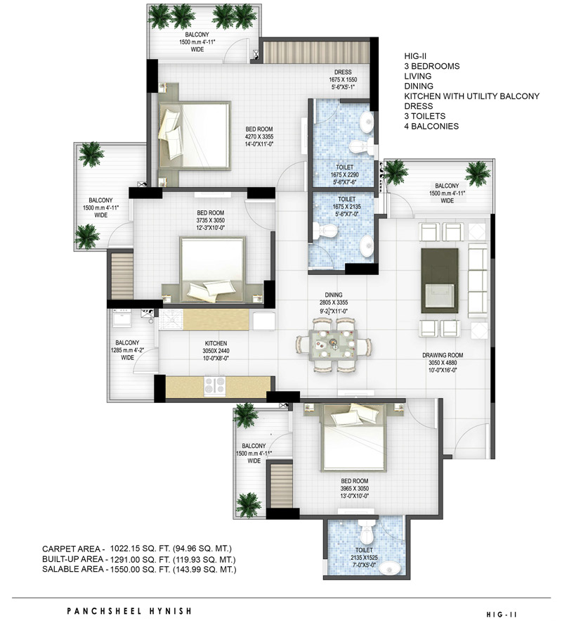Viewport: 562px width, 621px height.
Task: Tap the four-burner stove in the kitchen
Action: [x=215, y=385]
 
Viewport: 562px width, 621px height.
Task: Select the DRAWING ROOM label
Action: [x=443, y=355]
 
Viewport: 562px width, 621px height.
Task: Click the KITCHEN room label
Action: [x=216, y=343]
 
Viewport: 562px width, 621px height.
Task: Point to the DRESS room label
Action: [x=343, y=72]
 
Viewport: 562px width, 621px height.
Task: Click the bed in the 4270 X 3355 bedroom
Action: [x=195, y=136]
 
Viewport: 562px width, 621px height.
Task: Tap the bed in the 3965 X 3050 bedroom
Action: [x=354, y=437]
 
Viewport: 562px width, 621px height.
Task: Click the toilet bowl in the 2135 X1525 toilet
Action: [x=367, y=532]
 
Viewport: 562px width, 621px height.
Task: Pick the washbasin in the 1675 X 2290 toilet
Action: [x=367, y=120]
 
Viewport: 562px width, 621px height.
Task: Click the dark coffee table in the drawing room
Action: [x=440, y=281]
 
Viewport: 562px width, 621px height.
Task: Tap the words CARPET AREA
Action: [x=71, y=549]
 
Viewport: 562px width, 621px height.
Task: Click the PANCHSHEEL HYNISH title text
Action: [x=129, y=611]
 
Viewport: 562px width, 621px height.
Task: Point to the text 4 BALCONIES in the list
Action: [x=431, y=127]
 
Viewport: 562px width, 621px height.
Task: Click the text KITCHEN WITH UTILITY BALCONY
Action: [x=472, y=96]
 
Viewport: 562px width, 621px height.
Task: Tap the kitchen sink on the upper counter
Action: [x=171, y=320]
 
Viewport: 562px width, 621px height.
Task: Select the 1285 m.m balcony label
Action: [x=127, y=350]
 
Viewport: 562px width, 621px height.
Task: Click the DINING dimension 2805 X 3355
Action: [x=334, y=302]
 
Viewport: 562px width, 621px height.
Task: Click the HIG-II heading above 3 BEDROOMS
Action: [x=415, y=56]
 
